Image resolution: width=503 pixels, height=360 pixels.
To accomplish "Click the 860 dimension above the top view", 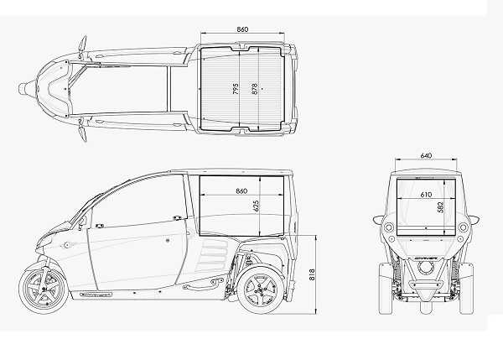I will coord(242,29).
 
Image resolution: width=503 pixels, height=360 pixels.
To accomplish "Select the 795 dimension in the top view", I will coord(236,88).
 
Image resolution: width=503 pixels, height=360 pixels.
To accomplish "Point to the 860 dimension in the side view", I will coord(242,192).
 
